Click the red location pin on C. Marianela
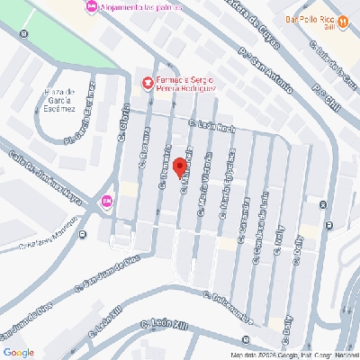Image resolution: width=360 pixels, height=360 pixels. (179, 166)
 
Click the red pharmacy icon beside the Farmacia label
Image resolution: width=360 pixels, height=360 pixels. (148, 84)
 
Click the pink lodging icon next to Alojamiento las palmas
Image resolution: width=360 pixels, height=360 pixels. (90, 7)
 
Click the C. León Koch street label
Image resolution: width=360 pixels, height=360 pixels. (212, 128)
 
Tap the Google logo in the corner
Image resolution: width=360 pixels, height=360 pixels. (19, 351)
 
